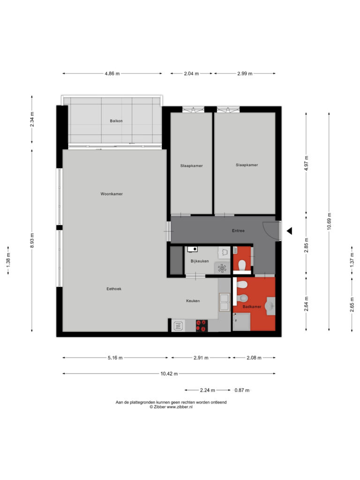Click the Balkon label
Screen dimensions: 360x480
(116, 121)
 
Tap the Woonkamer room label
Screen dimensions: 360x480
(112, 194)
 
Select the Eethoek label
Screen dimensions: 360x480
(114, 289)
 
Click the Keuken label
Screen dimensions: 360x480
(193, 301)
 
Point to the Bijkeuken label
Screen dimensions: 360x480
(200, 261)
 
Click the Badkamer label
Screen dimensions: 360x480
(252, 307)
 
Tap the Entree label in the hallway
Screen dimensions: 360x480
(238, 231)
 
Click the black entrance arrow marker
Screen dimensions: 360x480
(289, 231)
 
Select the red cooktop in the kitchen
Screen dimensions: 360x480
(202, 326)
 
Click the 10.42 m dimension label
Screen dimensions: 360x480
(169, 374)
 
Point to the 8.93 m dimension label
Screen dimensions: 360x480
(32, 240)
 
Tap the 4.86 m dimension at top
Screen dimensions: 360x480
(112, 74)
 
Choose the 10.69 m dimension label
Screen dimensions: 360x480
(329, 221)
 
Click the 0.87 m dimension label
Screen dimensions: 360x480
(242, 390)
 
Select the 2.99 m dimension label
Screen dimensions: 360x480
(245, 74)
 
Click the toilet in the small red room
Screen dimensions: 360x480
(242, 265)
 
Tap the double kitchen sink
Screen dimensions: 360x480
(225, 302)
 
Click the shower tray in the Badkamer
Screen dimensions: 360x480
(241, 322)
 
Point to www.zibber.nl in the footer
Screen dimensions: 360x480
(180, 407)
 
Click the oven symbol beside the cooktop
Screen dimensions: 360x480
(178, 326)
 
